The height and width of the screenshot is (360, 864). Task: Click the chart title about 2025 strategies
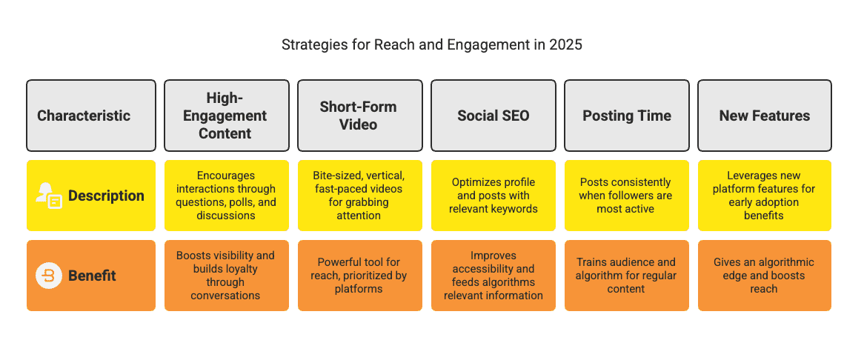[x=432, y=44]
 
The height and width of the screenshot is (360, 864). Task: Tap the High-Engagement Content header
[x=226, y=116]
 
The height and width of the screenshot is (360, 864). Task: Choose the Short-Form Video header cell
[x=359, y=116]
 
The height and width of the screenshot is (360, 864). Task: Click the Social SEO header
[x=494, y=116]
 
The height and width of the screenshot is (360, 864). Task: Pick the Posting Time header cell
[x=627, y=116]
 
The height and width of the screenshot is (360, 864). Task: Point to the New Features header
[x=764, y=116]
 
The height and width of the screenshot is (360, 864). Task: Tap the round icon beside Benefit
[x=49, y=276]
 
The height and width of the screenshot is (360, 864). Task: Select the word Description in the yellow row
[x=106, y=196]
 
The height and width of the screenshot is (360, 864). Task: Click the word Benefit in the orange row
[x=92, y=276]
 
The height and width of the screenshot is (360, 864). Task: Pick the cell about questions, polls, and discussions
[x=226, y=196]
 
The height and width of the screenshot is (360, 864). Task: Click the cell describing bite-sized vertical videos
[x=359, y=196]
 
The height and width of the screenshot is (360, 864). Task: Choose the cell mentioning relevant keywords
[x=494, y=196]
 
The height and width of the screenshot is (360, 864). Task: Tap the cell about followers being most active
[x=627, y=196]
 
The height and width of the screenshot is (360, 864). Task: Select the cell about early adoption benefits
[x=764, y=196]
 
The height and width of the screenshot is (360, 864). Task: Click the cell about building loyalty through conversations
[x=226, y=276]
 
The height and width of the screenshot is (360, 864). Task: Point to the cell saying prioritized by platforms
[x=359, y=276]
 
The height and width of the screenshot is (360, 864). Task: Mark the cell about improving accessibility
[x=494, y=276]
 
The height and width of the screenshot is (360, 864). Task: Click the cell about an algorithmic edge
[x=764, y=276]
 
